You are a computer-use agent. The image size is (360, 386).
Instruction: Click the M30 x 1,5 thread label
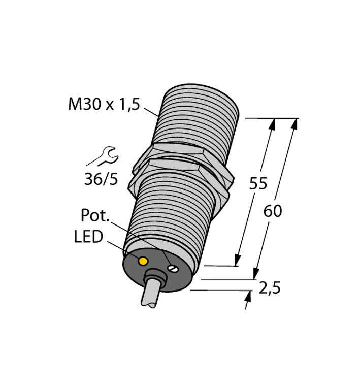coord(104,105)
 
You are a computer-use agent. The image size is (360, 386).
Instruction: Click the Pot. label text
coord(95,215)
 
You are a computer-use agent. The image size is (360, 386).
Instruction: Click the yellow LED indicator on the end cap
coord(143,261)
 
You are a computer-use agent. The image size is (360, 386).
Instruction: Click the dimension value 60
coord(273,211)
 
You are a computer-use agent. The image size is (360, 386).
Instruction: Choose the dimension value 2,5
coord(270,288)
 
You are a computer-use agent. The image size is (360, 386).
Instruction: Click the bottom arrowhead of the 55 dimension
coord(239,260)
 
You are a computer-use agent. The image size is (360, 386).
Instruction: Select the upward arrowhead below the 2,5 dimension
coord(249,296)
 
